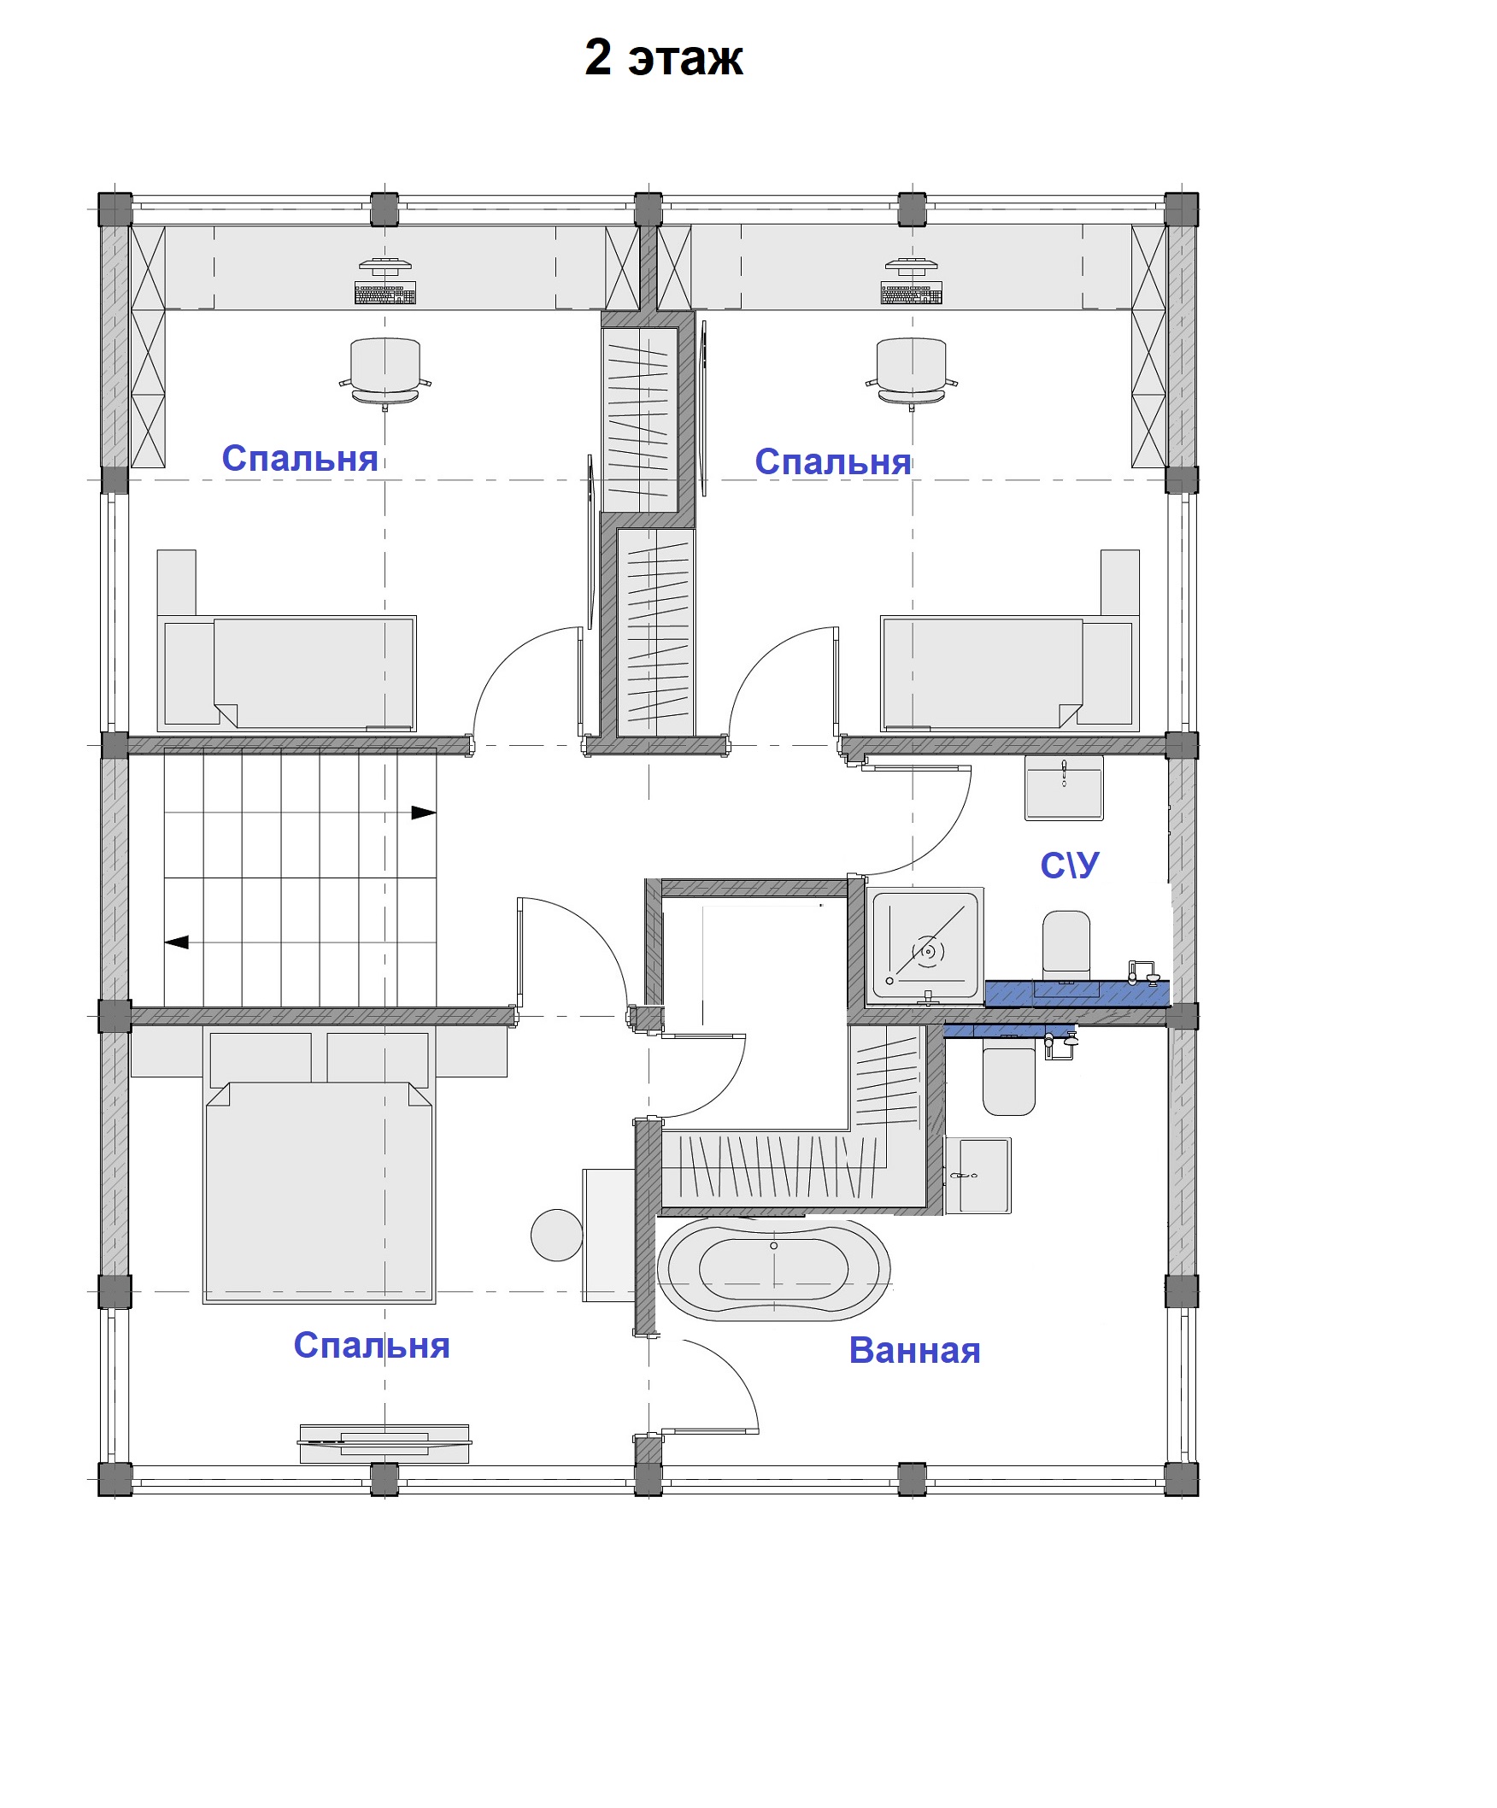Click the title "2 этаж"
663,58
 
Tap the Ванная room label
914,1350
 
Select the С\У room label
1069,866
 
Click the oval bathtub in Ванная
773,1268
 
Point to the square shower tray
925,946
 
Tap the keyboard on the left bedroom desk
385,293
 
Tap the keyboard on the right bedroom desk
911,293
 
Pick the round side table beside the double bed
556,1235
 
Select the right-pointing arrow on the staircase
424,812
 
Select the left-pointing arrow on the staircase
177,942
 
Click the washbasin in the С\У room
1064,787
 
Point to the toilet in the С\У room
1066,947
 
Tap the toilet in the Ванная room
1009,1081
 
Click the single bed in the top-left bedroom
286,673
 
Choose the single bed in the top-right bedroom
1010,673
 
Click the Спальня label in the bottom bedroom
371,1345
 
